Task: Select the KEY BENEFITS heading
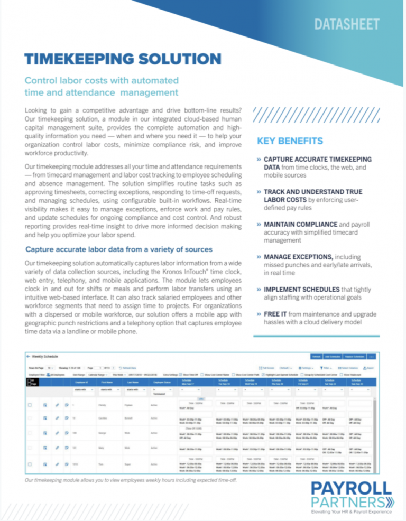click(290, 141)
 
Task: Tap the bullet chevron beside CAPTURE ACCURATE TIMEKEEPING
click(259, 159)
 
